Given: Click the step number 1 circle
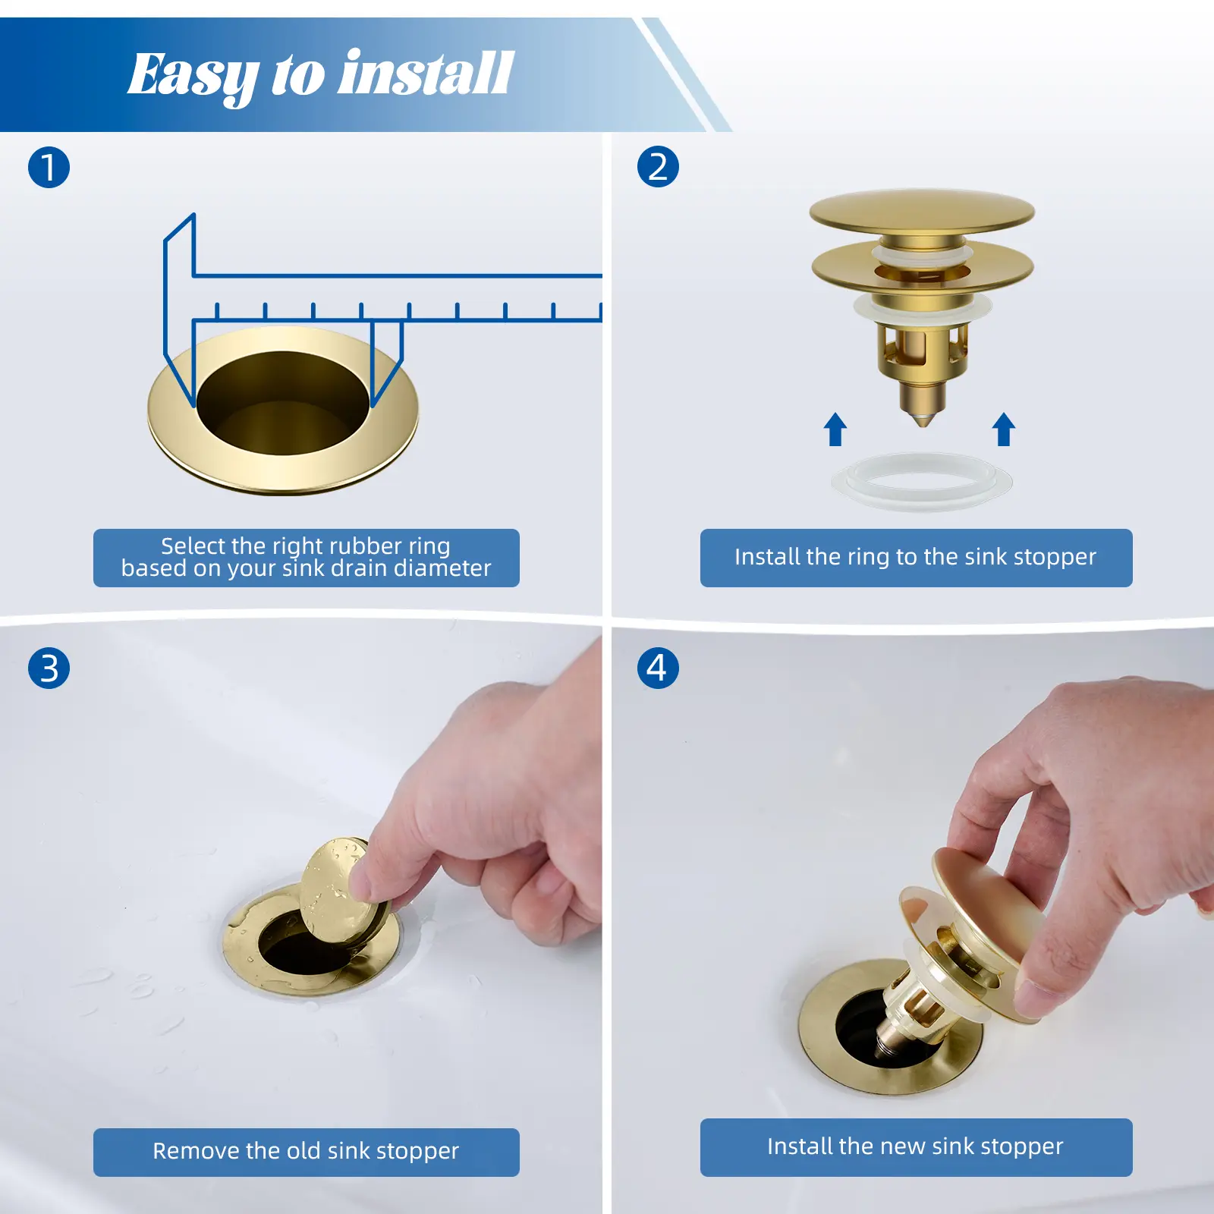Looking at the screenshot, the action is pos(49,168).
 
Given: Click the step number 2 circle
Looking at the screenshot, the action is pos(658,167).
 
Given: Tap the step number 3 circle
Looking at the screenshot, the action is pos(49,668).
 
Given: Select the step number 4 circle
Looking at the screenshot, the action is pos(658,668).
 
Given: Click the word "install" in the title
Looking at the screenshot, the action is pos(426,74).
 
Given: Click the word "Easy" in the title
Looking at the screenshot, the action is pos(193,77).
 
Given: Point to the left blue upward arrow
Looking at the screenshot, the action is pos(835,429).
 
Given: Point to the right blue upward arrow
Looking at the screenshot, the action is pos(1004,429).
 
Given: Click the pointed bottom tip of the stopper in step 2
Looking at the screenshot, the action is pos(923,423).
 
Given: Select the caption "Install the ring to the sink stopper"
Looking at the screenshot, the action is pos(916,557).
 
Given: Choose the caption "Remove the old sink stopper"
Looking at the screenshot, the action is pos(306,1151).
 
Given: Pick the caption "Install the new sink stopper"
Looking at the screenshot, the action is pos(915,1146).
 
